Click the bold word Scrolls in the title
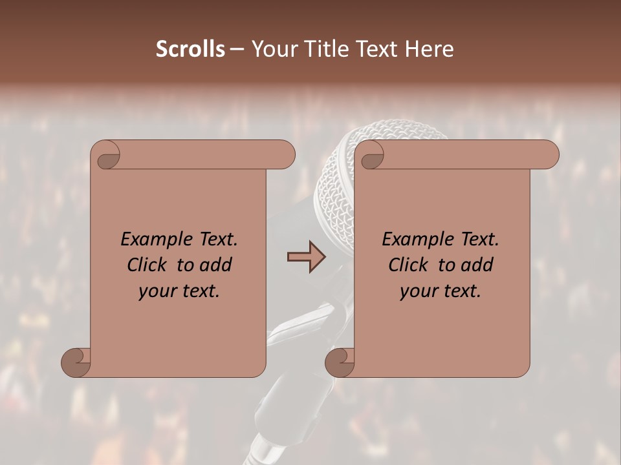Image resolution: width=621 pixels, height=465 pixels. (190, 49)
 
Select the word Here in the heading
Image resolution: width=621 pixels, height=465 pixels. (428, 49)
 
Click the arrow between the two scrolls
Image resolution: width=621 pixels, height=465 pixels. (306, 256)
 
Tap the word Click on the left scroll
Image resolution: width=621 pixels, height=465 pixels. (147, 265)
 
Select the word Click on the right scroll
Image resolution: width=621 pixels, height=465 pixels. (409, 265)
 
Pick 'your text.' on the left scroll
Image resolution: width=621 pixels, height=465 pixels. (179, 291)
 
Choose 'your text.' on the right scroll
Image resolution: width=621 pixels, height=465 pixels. (441, 291)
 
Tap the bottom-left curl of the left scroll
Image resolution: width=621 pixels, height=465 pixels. (76, 362)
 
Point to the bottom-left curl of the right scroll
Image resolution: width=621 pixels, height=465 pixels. (340, 362)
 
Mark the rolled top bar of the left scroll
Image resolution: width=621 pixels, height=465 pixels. (201, 154)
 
